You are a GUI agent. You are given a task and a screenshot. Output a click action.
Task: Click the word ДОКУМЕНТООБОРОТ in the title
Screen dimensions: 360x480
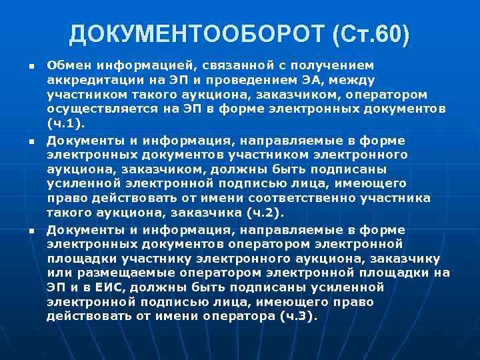189,33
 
